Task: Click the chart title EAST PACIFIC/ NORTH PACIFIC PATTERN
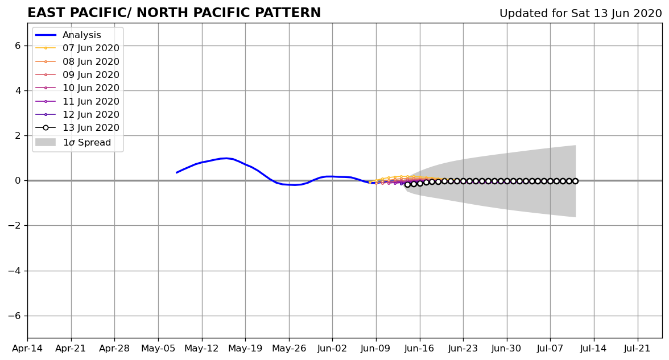[x=174, y=13]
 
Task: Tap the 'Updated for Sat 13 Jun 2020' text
[x=580, y=14]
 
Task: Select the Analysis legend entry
[x=68, y=35]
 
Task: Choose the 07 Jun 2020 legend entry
[x=77, y=48]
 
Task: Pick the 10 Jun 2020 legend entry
[x=77, y=88]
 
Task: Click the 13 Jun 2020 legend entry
[x=77, y=127]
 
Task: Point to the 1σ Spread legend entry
[x=73, y=142]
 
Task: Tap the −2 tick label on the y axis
[x=15, y=226]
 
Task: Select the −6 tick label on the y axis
[x=15, y=316]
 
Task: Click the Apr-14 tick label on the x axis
[x=27, y=349]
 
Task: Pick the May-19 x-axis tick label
[x=245, y=349]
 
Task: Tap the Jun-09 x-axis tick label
[x=376, y=349]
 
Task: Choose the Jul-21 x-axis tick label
[x=637, y=349]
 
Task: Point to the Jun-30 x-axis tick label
[x=506, y=349]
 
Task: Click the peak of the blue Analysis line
[x=226, y=158]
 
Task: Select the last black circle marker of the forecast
[x=575, y=181]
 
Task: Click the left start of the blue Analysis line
[x=176, y=172]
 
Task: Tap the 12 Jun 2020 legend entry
[x=77, y=114]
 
